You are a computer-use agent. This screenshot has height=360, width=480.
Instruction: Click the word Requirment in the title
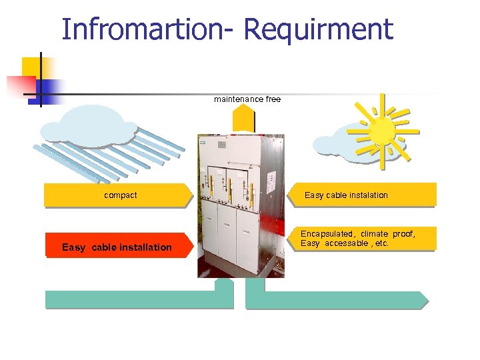point(319,31)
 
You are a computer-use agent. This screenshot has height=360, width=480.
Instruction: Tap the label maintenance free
point(247,99)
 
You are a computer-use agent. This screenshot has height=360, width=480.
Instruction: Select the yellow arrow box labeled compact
point(117,195)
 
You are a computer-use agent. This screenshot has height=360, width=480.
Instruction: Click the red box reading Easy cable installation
point(117,246)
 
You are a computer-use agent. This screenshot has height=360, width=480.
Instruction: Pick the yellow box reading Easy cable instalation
point(361,195)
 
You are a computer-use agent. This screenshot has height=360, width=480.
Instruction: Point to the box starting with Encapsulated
point(361,239)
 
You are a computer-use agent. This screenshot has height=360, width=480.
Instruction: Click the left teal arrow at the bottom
point(140,297)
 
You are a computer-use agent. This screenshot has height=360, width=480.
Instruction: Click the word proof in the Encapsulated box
point(403,234)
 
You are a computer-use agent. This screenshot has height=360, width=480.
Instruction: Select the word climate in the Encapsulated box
point(374,234)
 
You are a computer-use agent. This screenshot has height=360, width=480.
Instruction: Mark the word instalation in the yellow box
point(367,195)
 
